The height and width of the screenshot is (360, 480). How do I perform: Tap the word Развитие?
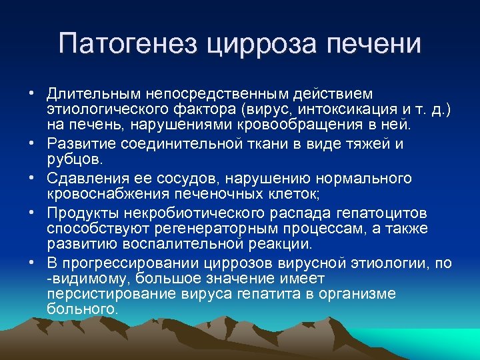pyautogui.click(x=78, y=143)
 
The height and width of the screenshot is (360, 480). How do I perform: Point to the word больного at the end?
pyautogui.click(x=81, y=309)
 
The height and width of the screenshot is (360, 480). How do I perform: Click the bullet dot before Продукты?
pyautogui.click(x=31, y=213)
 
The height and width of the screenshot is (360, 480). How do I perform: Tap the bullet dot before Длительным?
pyautogui.click(x=31, y=93)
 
